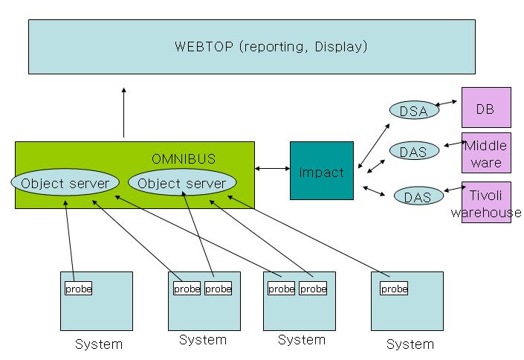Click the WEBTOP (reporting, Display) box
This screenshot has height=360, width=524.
coord(252,47)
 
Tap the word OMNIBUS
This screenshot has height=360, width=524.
coord(184,159)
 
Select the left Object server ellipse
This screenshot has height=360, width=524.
coord(65,183)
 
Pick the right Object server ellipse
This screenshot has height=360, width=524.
coord(182,183)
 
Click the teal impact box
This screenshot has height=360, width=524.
coord(321,172)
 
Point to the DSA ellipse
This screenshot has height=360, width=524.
coord(413,111)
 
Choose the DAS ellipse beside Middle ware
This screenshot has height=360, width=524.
coord(413,152)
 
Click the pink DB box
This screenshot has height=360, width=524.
coord(486,107)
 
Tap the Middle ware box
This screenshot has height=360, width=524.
coord(486,154)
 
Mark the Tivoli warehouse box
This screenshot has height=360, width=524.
coord(486,202)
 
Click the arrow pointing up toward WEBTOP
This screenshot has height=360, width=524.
coord(124,112)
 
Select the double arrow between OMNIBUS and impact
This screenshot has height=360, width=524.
coord(272,169)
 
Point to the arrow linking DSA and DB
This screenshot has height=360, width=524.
coord(448,104)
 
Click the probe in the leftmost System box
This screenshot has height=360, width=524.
coord(78,289)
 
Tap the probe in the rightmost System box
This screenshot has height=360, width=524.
coord(394,289)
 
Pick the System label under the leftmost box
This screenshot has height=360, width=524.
coord(98,344)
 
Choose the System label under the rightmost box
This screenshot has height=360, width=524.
coord(410,344)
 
